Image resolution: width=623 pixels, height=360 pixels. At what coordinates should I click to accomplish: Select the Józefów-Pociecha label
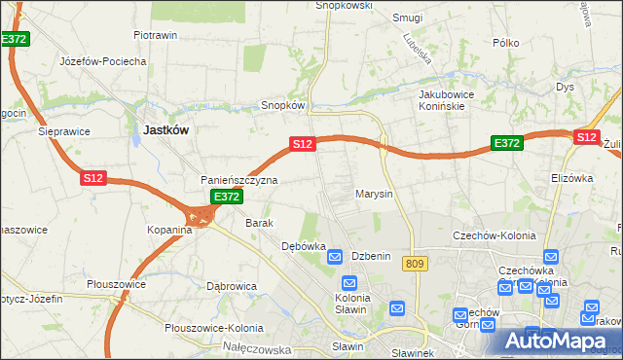pos(102,61)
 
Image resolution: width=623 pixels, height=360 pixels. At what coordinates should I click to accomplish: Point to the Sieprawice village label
pos(64,130)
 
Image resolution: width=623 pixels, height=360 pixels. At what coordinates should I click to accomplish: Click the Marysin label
pos(374,194)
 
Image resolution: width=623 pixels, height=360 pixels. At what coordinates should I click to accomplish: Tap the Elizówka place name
pos(571,178)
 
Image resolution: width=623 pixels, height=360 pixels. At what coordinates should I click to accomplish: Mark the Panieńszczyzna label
pos(239,180)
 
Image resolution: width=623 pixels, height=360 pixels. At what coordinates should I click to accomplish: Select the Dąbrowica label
pos(231,286)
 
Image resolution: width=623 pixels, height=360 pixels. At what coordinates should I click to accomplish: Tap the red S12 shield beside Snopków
pos(302,144)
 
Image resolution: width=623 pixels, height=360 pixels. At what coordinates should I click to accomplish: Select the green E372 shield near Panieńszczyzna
pos(227,197)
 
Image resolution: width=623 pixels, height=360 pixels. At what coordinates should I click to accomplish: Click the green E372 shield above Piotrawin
pos(15,39)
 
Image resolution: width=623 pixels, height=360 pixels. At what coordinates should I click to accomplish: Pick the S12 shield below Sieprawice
pos(93,178)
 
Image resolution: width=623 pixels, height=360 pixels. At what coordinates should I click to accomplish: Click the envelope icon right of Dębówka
pos(335,257)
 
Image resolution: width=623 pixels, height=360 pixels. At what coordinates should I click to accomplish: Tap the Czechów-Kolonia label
pos(490,235)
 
